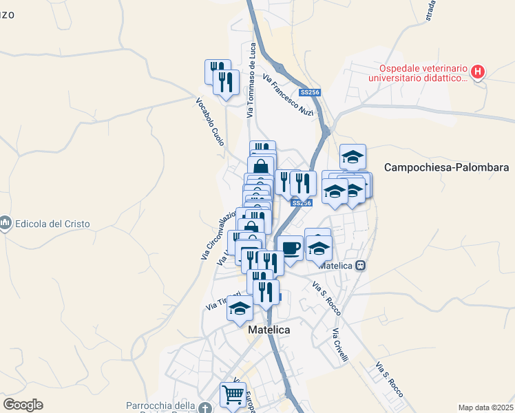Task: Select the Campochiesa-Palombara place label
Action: point(446,167)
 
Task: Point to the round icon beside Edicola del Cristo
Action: point(6,224)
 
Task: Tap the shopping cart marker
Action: point(233,396)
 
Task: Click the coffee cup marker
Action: point(290,248)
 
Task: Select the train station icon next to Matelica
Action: point(359,266)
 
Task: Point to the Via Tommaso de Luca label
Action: point(252,75)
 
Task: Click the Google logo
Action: point(23,405)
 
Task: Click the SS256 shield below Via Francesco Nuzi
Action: point(308,92)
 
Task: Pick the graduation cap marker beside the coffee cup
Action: point(319,247)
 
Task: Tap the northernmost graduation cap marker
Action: point(353,156)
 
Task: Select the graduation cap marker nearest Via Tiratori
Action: point(240,309)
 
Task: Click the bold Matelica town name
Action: point(268,330)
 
